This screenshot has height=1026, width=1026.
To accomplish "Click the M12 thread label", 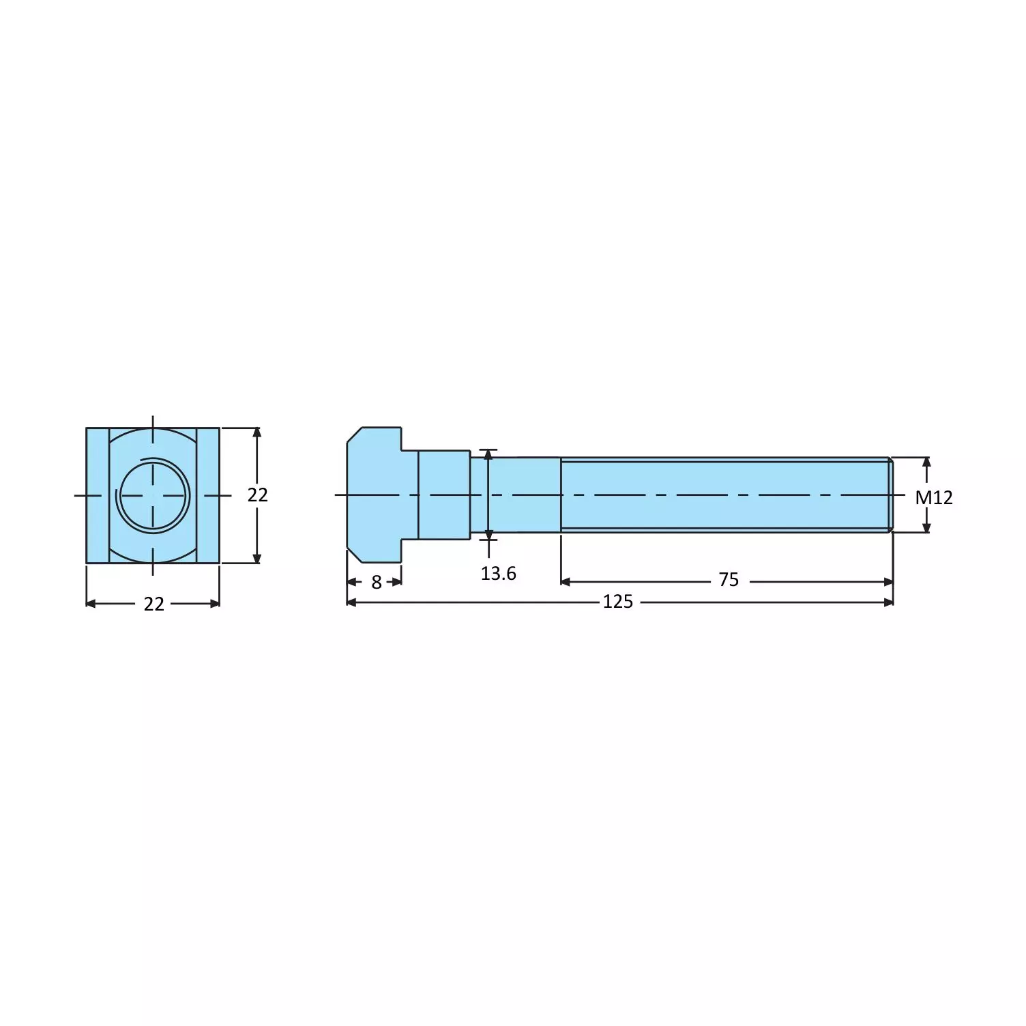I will [933, 497].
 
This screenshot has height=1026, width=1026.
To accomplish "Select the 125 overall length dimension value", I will [617, 602].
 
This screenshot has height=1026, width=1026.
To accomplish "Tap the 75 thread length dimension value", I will [728, 580].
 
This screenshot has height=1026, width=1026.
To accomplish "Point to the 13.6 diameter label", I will [498, 574].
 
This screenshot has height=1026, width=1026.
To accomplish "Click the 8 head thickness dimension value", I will [376, 582].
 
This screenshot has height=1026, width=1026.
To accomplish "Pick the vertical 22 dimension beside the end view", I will [257, 495].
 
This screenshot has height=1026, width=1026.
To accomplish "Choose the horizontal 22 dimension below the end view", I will [153, 604].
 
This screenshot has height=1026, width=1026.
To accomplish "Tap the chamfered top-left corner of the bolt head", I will [354, 435].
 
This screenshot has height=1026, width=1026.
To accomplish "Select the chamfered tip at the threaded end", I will [890, 495].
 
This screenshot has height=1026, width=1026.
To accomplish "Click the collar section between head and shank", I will [443, 495].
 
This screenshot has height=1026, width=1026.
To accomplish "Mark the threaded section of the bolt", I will [723, 495].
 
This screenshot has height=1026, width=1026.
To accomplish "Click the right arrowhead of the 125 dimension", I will [888, 602].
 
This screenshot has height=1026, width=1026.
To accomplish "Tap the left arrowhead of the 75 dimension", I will [566, 582].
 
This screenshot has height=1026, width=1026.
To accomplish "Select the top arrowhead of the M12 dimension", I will [926, 462].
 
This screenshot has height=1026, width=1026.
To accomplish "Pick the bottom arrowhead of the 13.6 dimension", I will [488, 534].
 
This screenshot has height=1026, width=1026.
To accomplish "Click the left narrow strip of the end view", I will [98, 495].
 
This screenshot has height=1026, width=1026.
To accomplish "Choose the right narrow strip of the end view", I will [208, 495].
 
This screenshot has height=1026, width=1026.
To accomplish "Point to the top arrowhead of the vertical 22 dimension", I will [256, 433].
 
